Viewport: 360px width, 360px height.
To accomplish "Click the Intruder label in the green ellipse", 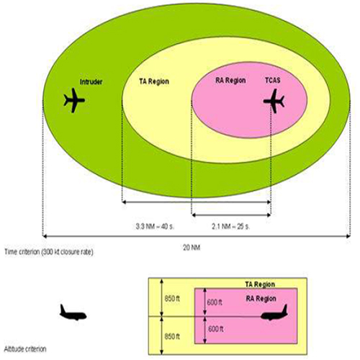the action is [91, 82].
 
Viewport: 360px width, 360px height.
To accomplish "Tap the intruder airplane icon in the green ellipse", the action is [74, 100].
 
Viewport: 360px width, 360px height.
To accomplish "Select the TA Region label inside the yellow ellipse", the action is [154, 81].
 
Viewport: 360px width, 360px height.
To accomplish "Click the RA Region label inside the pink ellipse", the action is [230, 81].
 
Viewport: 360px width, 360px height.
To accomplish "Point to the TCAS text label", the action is [273, 80].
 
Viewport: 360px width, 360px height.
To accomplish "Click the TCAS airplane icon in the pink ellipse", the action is [274, 101].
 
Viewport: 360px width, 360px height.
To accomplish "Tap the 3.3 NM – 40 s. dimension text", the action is [155, 226].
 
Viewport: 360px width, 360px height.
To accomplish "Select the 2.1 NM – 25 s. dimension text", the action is [230, 226].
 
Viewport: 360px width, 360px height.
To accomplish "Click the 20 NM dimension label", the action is [192, 248].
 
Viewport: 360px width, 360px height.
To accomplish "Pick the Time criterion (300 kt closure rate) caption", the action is [49, 252].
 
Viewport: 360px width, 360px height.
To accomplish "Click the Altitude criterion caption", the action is [25, 348].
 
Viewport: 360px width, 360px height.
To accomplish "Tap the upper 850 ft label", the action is [172, 299].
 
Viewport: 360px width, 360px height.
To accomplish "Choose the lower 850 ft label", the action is [172, 337].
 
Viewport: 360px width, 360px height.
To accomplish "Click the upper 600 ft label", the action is [215, 302].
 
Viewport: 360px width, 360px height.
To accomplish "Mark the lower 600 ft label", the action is [215, 329].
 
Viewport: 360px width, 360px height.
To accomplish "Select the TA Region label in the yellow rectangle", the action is [260, 284].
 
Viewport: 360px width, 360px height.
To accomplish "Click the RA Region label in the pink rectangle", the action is [261, 299].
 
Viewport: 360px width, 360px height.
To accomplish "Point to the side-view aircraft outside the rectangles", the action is [73, 312].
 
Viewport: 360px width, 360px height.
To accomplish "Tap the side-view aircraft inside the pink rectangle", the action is [274, 312].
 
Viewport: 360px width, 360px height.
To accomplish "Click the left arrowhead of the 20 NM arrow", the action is [45, 236].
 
